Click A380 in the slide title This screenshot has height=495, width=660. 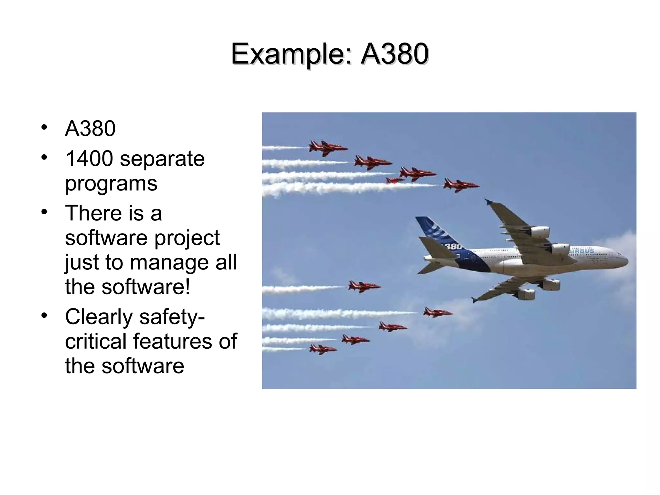394,54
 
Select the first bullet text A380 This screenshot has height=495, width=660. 90,129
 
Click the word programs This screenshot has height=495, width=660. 111,184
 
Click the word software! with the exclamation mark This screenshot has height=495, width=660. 146,286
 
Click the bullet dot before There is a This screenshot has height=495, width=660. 44,212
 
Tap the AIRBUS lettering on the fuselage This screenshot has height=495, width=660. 582,251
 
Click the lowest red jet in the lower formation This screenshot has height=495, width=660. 322,349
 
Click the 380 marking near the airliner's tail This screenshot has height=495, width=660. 453,247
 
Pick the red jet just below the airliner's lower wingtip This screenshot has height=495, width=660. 437,312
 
